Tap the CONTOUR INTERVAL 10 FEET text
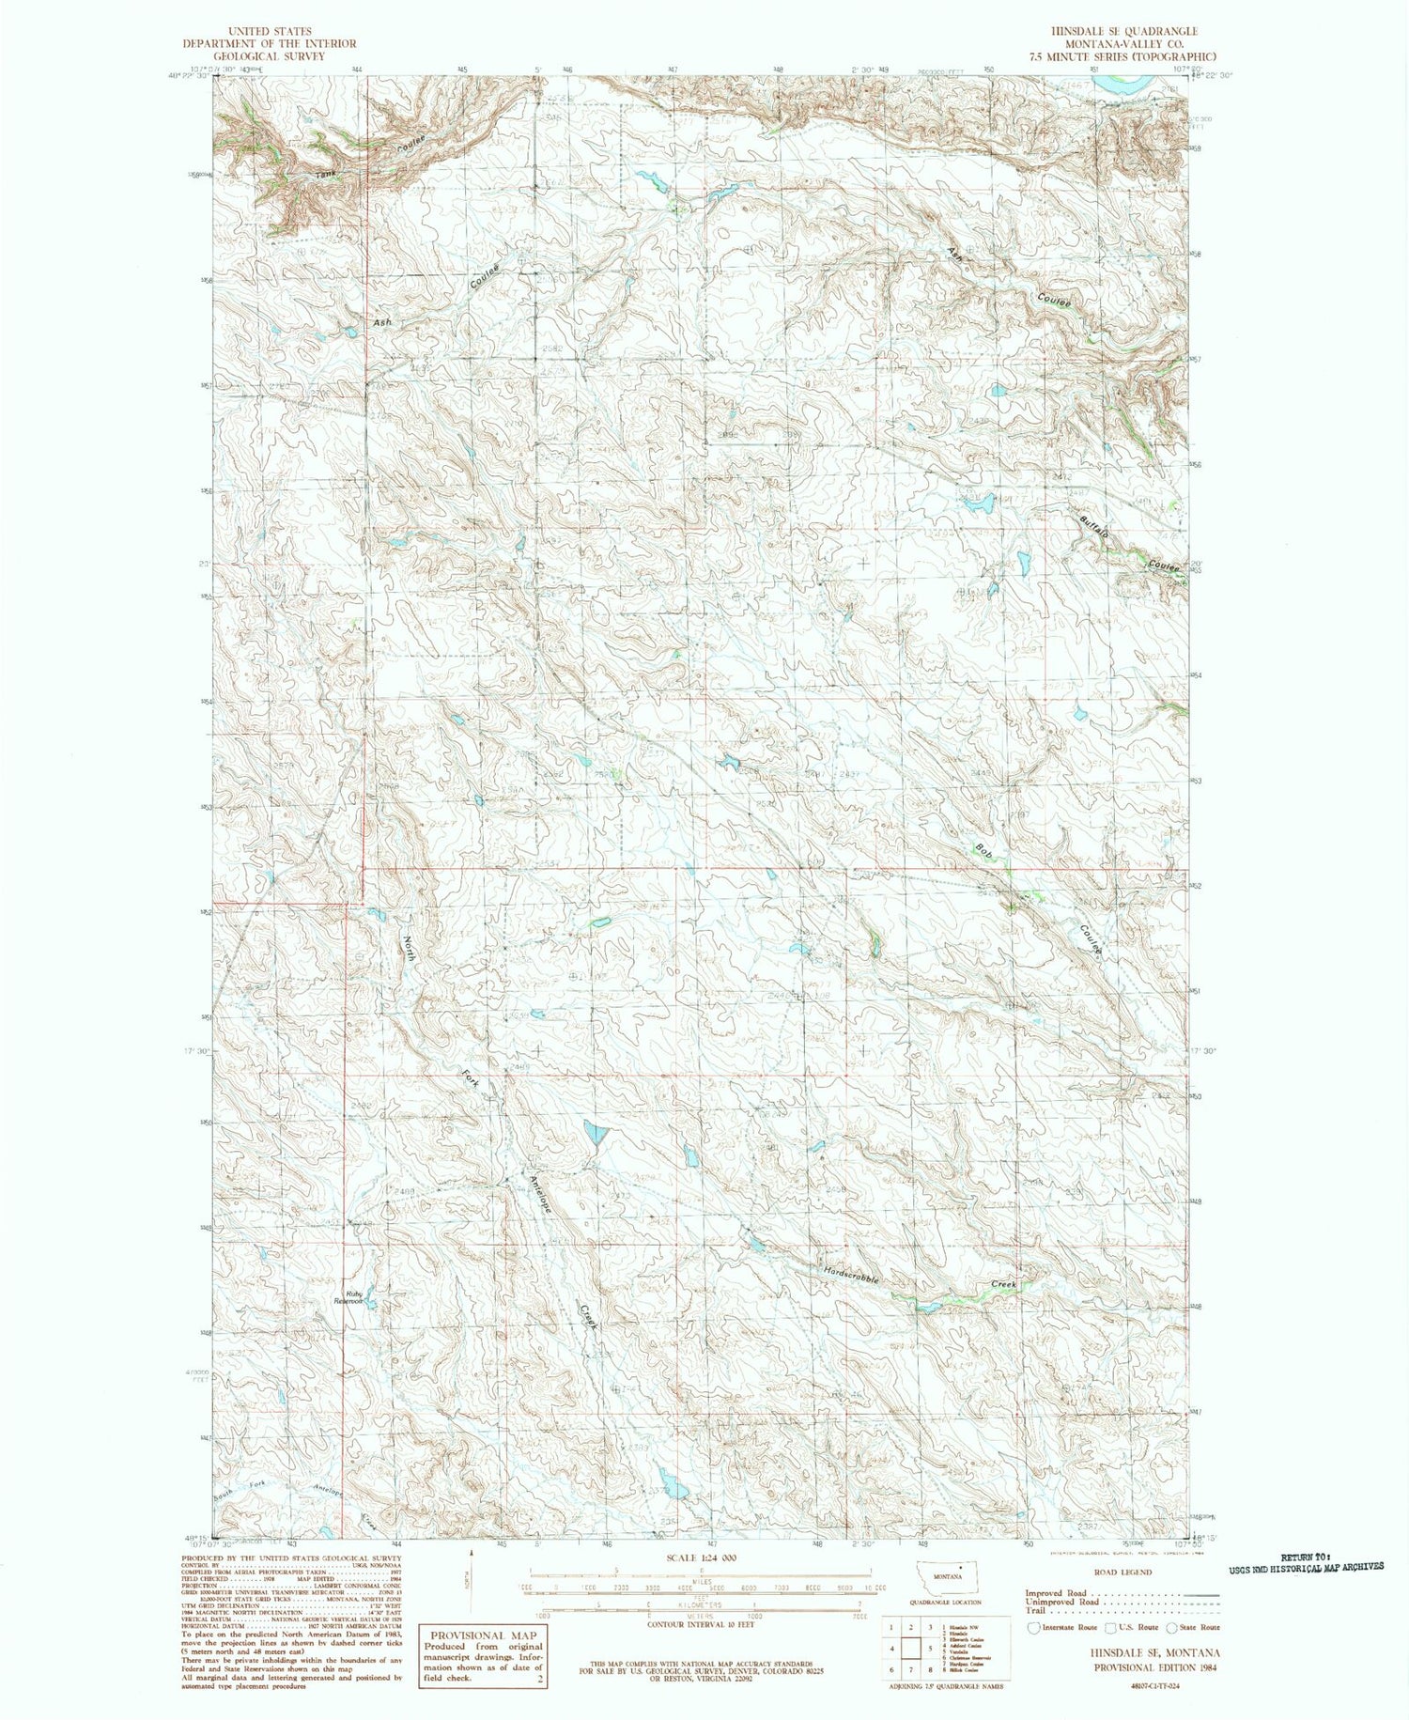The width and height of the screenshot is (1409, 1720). (x=700, y=1623)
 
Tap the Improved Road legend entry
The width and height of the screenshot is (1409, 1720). (x=1057, y=1593)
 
